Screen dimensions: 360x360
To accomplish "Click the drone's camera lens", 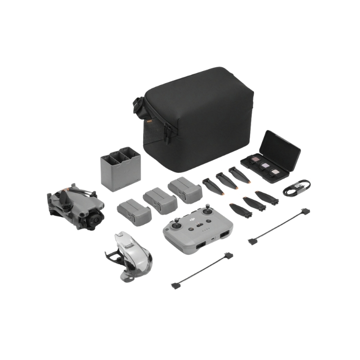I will [95, 220].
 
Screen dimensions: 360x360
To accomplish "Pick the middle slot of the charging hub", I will [120, 156].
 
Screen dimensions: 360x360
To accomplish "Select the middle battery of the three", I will [160, 200].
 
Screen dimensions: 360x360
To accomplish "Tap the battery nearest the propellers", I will [185, 189].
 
